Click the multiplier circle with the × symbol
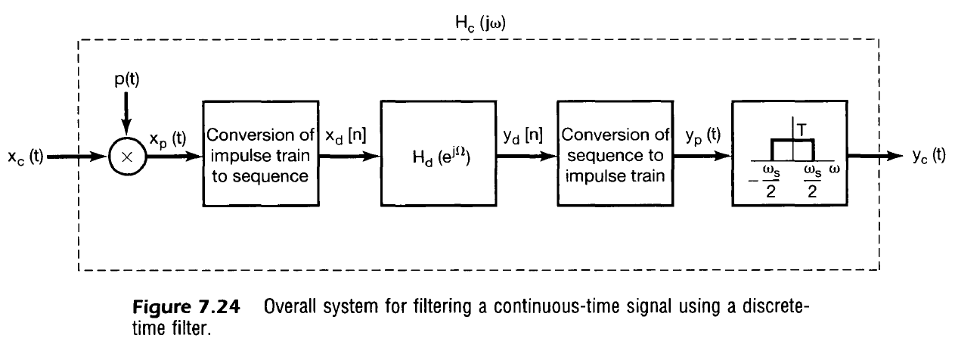[126, 157]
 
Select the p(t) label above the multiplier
[126, 81]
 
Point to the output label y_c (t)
[928, 157]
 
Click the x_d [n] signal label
[346, 137]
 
